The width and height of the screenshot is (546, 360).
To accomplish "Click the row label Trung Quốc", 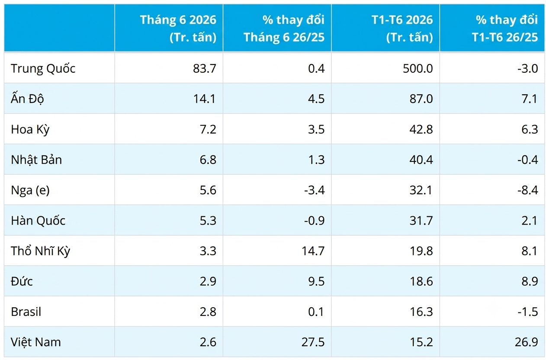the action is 43,68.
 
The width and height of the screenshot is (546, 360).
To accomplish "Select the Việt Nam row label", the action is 35,342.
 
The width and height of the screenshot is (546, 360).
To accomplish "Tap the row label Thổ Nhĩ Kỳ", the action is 41,251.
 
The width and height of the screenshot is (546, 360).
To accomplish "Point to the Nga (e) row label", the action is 30,190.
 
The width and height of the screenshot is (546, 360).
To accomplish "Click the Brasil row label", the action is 26,312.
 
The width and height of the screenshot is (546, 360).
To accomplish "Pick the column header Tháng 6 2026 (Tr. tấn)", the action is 178,28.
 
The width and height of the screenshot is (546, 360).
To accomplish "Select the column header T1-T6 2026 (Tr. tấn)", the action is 402,28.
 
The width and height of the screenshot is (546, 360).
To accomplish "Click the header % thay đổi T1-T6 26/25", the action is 505,28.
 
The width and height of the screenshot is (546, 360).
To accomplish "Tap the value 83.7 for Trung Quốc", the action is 205,68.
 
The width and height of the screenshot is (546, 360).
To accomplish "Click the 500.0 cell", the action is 418,68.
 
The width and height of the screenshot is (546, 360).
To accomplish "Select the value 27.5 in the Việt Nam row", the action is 313,342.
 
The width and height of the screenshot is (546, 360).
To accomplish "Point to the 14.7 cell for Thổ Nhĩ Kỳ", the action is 313,251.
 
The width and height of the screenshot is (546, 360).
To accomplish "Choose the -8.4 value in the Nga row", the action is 528,190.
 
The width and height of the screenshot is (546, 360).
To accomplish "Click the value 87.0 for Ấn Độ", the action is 421,99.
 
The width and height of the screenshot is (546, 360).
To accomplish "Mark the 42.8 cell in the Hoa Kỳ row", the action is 421,129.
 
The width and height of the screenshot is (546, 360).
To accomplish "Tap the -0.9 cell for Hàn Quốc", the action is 314,221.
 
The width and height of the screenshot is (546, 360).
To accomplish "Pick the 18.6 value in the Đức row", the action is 421,282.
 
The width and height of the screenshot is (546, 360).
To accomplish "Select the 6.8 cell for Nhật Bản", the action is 208,160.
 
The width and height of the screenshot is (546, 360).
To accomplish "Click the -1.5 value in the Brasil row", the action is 528,312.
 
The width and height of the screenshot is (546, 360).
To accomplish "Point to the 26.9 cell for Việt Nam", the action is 527,342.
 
